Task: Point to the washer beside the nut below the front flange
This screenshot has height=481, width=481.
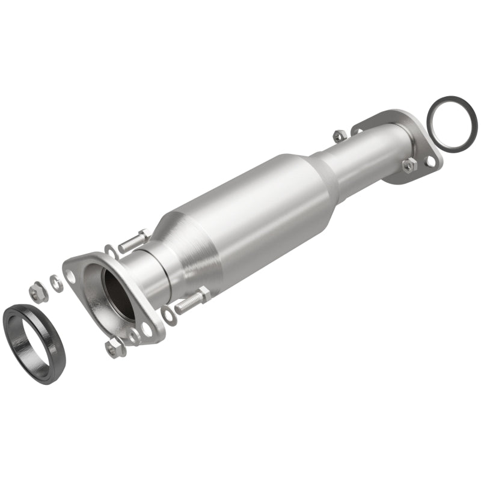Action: point(133,335)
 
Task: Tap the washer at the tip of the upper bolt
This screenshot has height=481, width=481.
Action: point(111,251)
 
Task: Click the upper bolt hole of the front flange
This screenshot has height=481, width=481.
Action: point(72,276)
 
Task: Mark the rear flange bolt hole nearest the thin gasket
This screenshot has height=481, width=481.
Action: point(430,161)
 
